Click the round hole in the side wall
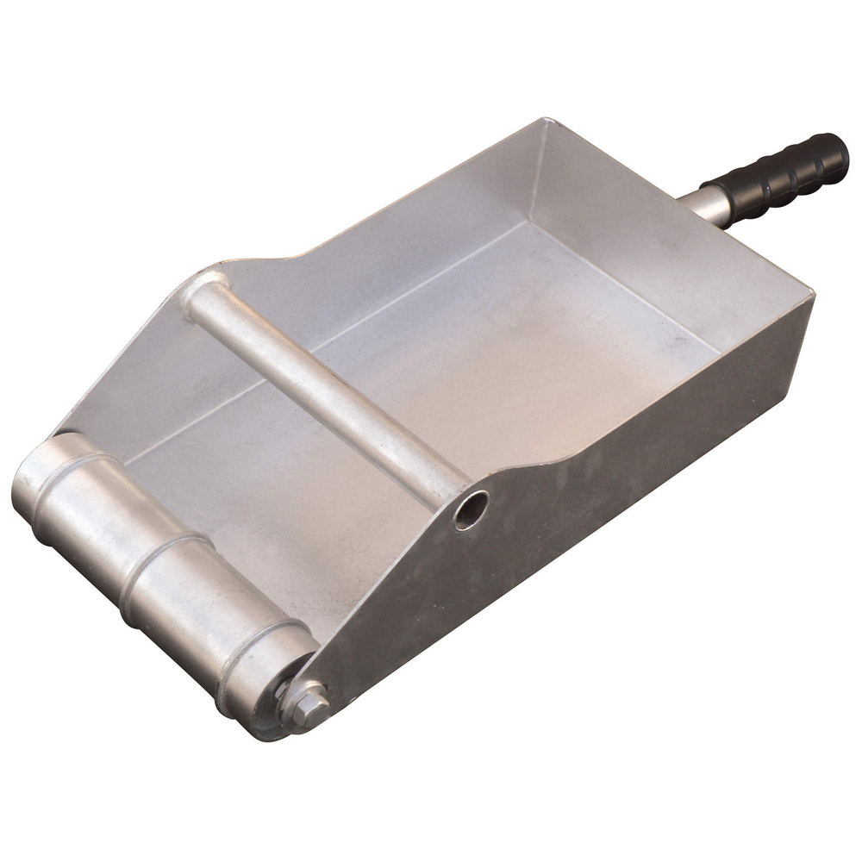click(472, 510)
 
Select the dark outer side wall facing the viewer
click(603, 483)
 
